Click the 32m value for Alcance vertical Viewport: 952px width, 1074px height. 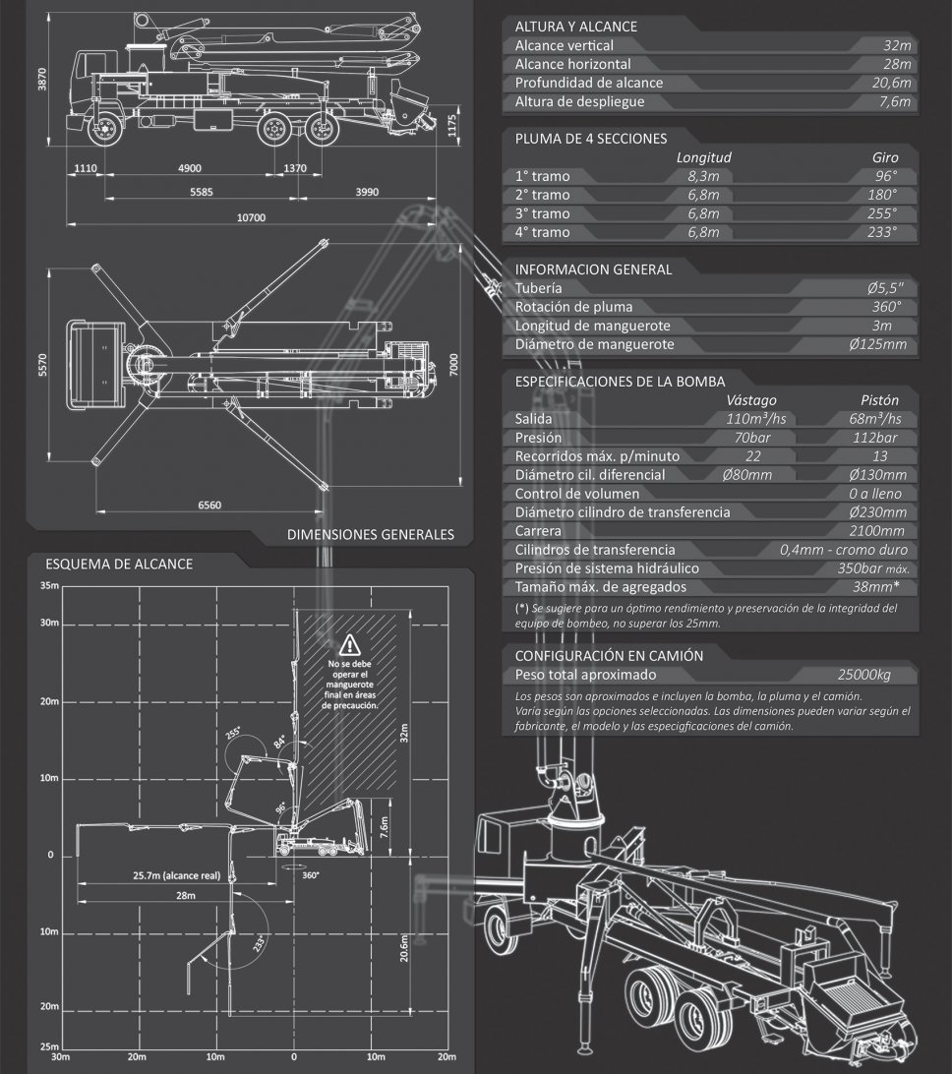(x=898, y=46)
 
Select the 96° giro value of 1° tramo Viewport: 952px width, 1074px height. (x=886, y=176)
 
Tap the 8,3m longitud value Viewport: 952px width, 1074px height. (x=703, y=176)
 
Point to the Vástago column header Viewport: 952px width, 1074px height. (x=751, y=400)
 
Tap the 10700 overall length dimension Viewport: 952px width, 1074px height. (x=251, y=217)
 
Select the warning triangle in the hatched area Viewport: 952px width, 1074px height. (x=350, y=646)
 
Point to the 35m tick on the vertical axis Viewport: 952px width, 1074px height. (x=50, y=586)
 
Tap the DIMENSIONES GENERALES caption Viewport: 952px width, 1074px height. (x=371, y=535)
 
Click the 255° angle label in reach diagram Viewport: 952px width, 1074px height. (x=233, y=733)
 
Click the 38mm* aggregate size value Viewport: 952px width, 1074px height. (x=881, y=587)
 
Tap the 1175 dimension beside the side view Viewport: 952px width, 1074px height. (x=450, y=127)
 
